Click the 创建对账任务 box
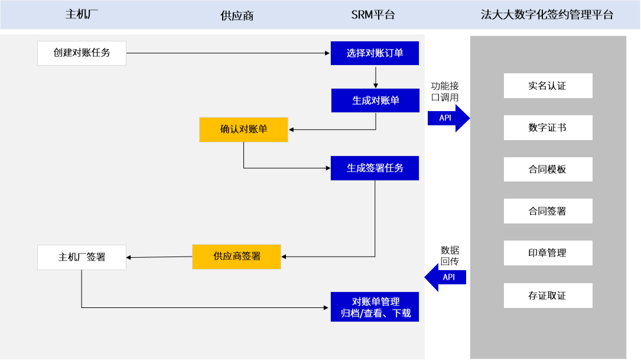(82, 53)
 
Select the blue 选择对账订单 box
(375, 53)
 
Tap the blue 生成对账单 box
(375, 100)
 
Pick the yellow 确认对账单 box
(243, 129)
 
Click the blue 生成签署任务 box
(375, 168)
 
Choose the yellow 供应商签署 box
(236, 257)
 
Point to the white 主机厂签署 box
(82, 257)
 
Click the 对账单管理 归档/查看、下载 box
(375, 307)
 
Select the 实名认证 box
(548, 86)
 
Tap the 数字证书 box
(548, 128)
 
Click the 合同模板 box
(548, 169)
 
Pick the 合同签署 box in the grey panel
(548, 211)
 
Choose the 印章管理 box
(548, 252)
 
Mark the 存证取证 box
(548, 295)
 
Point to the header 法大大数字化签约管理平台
(547, 15)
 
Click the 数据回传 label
(450, 255)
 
